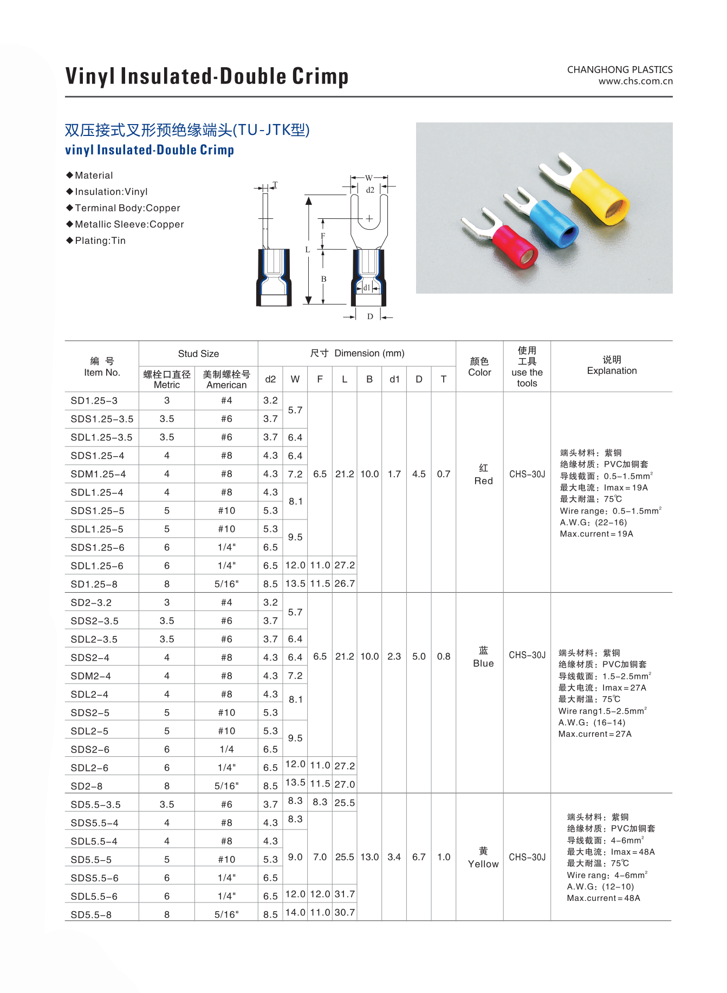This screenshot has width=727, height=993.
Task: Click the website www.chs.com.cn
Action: (x=635, y=81)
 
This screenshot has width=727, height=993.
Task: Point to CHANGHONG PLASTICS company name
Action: (x=620, y=69)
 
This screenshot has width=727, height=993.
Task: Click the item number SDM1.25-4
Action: (x=98, y=474)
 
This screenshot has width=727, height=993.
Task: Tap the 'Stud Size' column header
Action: (x=198, y=354)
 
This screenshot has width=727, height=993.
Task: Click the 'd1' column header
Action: (x=394, y=379)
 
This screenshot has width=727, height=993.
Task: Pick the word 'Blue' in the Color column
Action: (x=483, y=663)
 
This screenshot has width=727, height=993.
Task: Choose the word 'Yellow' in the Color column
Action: (x=483, y=864)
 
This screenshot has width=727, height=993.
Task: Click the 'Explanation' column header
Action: (x=612, y=371)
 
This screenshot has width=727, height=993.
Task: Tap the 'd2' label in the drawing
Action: (x=370, y=190)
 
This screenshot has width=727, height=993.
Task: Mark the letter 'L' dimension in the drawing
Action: (x=307, y=250)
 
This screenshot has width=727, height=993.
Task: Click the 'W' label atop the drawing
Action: (x=368, y=178)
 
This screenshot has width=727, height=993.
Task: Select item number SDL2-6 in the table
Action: (x=89, y=768)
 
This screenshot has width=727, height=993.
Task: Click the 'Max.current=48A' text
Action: (x=603, y=898)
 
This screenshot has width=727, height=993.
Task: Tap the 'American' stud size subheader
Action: (x=226, y=385)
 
